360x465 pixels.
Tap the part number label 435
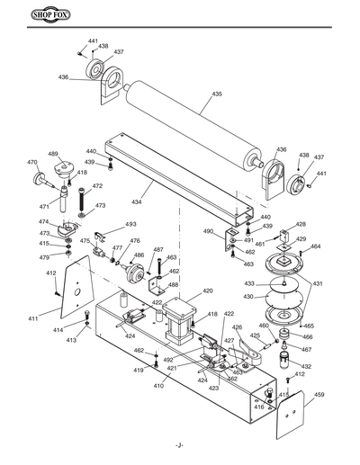[x=216, y=94]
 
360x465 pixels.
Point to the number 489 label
[x=53, y=154]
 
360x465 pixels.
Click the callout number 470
[x=32, y=163]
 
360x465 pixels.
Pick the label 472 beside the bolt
[x=97, y=186]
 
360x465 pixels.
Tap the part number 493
[x=130, y=224]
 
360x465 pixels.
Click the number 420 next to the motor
[x=207, y=291]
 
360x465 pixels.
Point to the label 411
[x=32, y=318]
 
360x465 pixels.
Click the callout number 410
[x=157, y=386]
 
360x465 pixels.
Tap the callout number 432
[x=306, y=367]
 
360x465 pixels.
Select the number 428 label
[x=301, y=225]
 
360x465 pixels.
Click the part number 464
[x=315, y=246]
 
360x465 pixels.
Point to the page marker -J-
[x=179, y=445]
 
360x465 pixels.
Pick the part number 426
[x=237, y=327]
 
